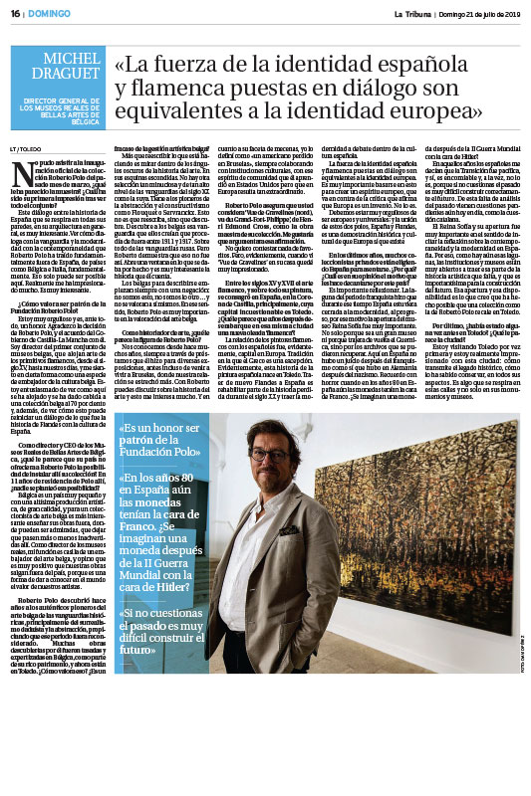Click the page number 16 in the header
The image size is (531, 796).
coord(16,13)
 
